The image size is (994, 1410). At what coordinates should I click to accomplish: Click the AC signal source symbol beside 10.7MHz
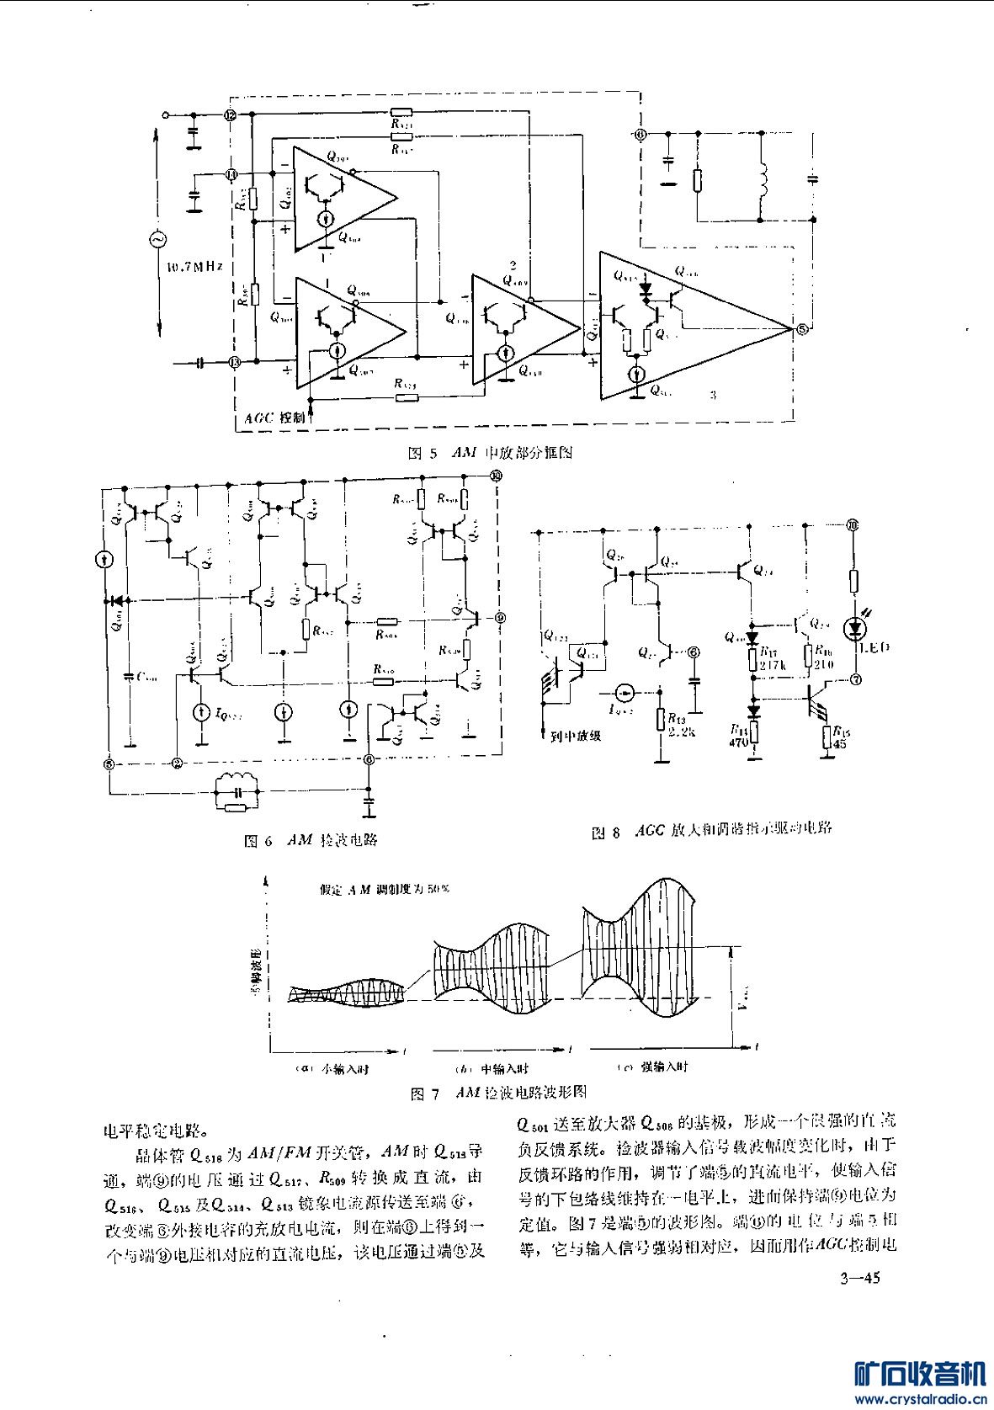point(157,240)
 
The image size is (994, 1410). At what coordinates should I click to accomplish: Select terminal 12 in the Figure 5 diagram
point(231,115)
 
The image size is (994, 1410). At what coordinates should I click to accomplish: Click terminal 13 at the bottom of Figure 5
point(234,363)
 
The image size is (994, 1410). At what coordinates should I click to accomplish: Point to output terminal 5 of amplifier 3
point(801,328)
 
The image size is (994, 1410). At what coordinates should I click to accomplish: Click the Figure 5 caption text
point(489,453)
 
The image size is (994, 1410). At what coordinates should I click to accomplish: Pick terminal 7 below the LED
point(856,678)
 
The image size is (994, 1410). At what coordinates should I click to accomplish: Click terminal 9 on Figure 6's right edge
point(500,618)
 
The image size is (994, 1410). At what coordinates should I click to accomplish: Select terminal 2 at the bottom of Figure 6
point(177,764)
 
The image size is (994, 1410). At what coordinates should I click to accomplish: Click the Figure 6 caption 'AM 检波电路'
point(311,840)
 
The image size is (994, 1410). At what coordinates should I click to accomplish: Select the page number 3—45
point(858,1280)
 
